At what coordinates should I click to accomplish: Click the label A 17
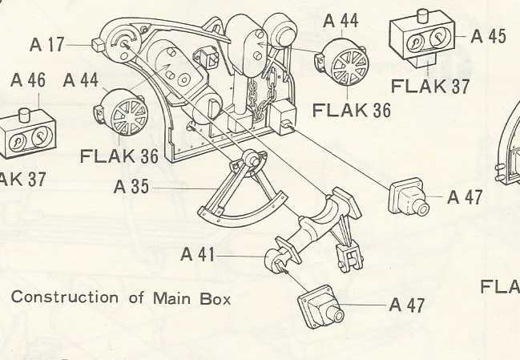click(47, 45)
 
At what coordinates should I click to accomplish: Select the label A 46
click(28, 81)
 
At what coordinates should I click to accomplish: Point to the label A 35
click(131, 188)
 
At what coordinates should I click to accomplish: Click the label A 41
click(198, 255)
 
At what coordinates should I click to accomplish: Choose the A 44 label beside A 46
click(81, 80)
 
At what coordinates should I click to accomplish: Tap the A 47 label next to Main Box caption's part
click(407, 305)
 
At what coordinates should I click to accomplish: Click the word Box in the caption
click(216, 298)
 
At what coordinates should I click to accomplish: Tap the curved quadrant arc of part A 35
click(240, 213)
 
